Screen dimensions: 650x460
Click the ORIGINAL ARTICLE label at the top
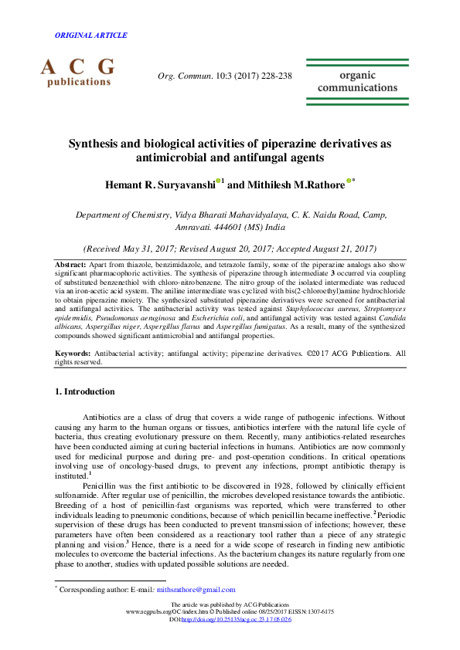click(91, 36)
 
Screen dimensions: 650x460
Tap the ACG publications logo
click(77, 71)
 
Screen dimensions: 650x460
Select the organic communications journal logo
click(368, 82)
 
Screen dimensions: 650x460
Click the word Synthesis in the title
click(95, 144)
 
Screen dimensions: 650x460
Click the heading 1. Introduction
click(85, 392)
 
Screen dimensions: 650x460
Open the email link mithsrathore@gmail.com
click(196, 590)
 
